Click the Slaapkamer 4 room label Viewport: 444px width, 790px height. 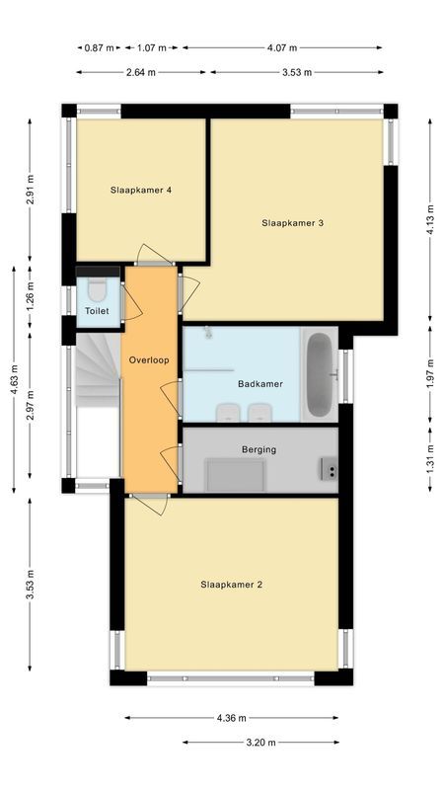(x=142, y=190)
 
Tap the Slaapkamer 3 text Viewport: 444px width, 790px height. (x=293, y=223)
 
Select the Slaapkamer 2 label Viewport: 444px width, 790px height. (x=232, y=585)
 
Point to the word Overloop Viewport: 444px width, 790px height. (x=149, y=360)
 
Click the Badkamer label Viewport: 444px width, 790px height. (x=261, y=383)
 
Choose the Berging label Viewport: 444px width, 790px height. (x=259, y=449)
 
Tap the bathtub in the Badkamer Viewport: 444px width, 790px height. (x=320, y=374)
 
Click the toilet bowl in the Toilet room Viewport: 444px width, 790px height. (x=97, y=290)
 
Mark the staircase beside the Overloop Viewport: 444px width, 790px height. (x=96, y=369)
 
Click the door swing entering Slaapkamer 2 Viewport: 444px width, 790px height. (x=148, y=504)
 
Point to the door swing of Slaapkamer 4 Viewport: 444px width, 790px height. (x=153, y=255)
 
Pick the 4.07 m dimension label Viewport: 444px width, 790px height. (x=282, y=46)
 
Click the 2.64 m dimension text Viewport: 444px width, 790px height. (x=141, y=72)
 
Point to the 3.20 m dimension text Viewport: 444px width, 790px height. (x=260, y=743)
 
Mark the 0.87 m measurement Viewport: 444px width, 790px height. (x=99, y=46)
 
